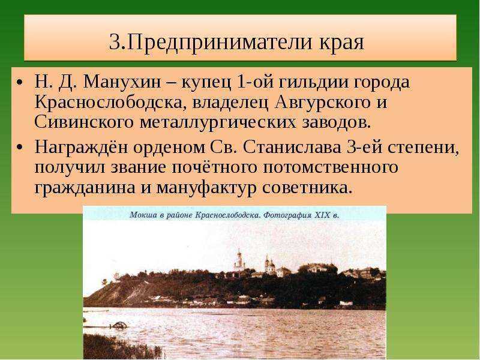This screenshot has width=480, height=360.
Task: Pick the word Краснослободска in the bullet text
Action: click(x=110, y=102)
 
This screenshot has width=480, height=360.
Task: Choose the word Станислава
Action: click(x=292, y=148)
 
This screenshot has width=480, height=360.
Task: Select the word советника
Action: click(x=306, y=188)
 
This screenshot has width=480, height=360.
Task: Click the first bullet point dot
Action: click(x=20, y=83)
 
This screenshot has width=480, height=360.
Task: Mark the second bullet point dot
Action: click(x=20, y=148)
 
